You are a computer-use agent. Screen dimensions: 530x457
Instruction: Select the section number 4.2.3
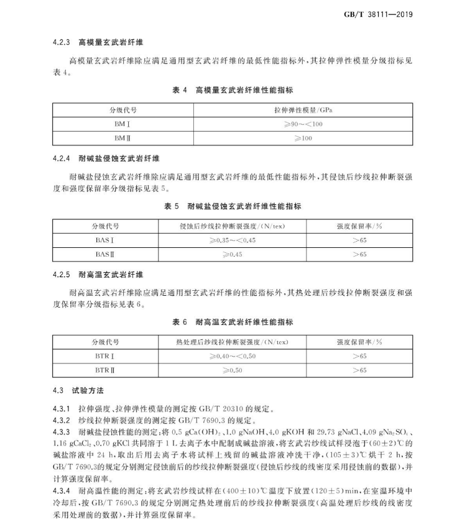tap(62, 43)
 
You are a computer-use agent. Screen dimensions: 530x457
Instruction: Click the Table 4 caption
tap(233, 91)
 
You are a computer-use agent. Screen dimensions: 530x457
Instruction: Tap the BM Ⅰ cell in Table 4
tap(122, 124)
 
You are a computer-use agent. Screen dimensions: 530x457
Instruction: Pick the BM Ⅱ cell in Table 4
tap(122, 138)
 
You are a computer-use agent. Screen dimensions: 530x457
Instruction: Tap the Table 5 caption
tap(233, 206)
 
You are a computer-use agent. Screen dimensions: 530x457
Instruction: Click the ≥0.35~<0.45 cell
tap(233, 240)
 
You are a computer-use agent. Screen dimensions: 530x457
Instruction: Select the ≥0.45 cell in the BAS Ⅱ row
tap(233, 254)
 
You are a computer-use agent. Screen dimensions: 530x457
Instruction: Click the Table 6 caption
tap(233, 322)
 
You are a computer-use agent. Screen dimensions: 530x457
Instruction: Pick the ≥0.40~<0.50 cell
tap(233, 356)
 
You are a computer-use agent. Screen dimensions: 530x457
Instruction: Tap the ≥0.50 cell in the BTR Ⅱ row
tap(233, 370)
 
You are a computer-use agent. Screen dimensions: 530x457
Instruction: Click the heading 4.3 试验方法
tap(78, 391)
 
